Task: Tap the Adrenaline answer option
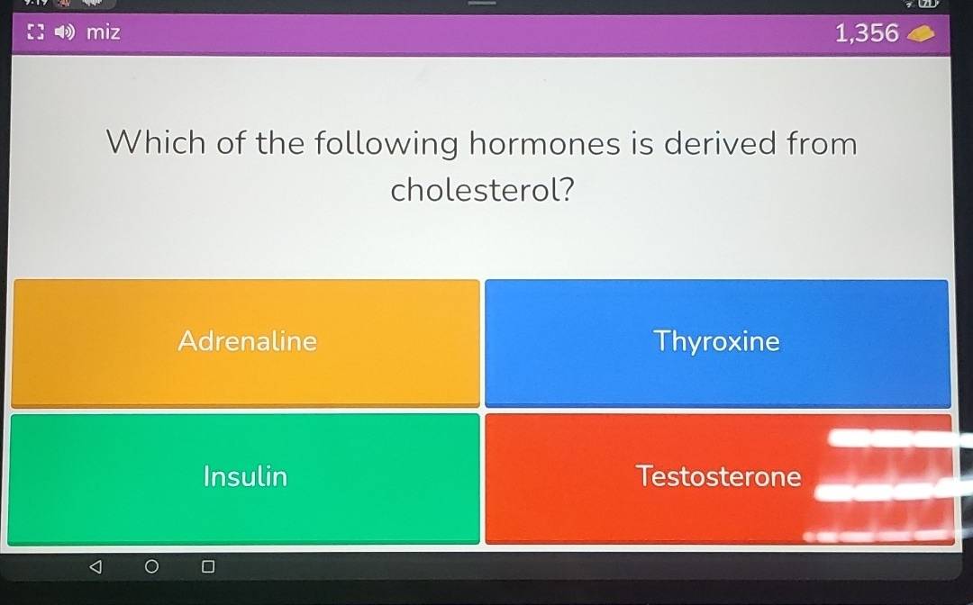(x=246, y=343)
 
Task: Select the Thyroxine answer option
(x=717, y=343)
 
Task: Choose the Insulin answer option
(x=244, y=478)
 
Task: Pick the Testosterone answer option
(x=719, y=478)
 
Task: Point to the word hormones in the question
(x=544, y=143)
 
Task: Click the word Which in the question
(x=156, y=142)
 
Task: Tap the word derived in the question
(x=720, y=142)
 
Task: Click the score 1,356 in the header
(x=867, y=32)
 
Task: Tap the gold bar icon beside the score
(x=920, y=35)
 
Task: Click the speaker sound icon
(x=65, y=32)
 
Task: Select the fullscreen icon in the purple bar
(x=36, y=32)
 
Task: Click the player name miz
(x=103, y=32)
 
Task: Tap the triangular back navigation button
(x=95, y=566)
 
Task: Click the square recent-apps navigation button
(x=208, y=566)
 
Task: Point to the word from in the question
(x=822, y=142)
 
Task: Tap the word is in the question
(x=642, y=143)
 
